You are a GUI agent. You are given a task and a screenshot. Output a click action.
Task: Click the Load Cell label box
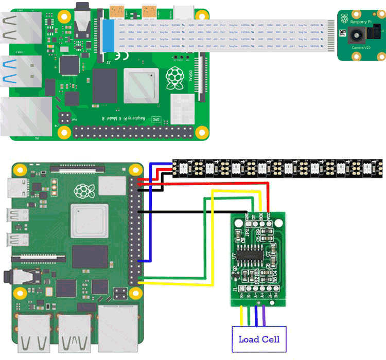[258, 339]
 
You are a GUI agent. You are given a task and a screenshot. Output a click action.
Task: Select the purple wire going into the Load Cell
[264, 316]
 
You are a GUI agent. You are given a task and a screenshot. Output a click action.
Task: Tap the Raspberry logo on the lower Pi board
[82, 191]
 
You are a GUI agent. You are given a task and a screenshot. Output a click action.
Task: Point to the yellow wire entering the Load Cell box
[242, 316]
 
